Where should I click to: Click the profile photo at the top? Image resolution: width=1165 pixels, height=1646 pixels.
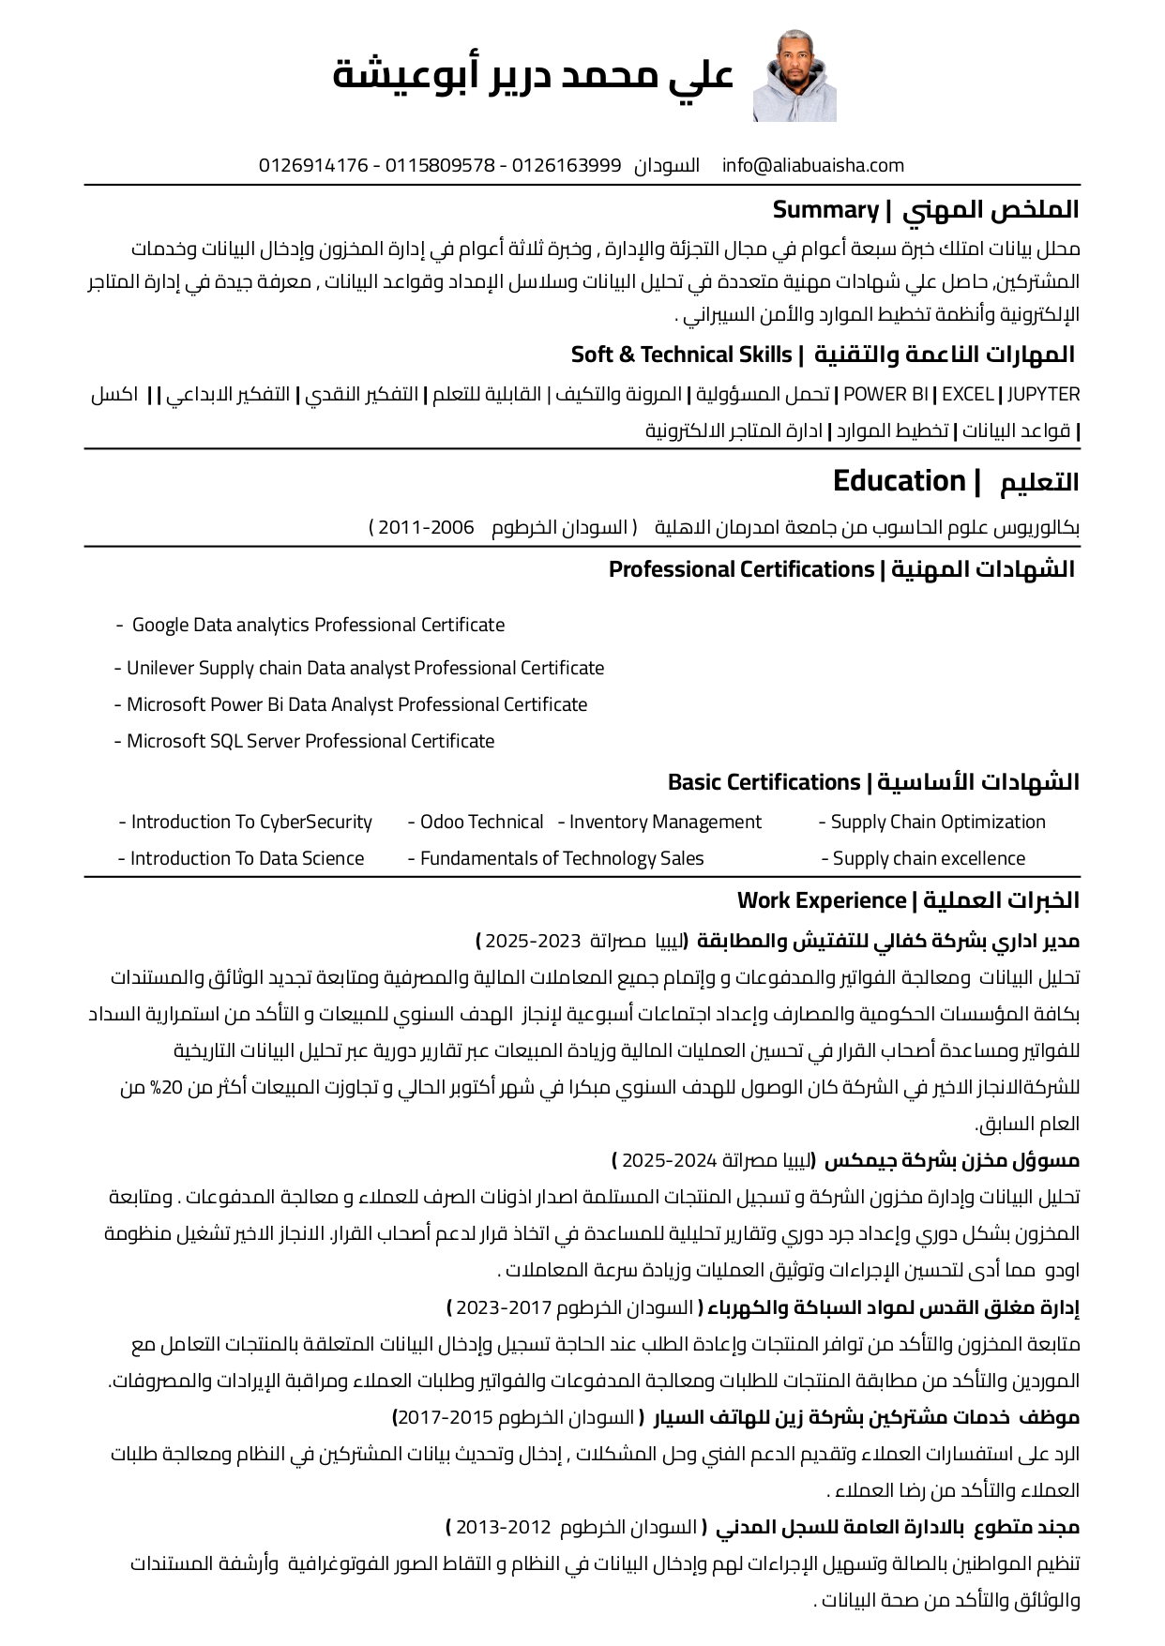tap(794, 76)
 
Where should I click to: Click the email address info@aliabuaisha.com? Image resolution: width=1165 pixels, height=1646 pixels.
tap(812, 166)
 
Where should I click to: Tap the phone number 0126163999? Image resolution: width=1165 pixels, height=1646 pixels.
tap(566, 166)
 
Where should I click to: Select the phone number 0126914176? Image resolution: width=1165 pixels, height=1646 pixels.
tap(313, 166)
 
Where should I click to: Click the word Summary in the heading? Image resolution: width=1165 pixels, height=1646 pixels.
tap(825, 210)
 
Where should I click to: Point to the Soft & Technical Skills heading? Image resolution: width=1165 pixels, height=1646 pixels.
tap(682, 355)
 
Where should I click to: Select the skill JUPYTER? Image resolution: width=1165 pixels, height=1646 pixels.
tap(1043, 395)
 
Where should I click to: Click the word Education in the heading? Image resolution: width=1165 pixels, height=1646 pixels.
tap(899, 481)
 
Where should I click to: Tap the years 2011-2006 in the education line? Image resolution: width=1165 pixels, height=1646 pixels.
tap(426, 527)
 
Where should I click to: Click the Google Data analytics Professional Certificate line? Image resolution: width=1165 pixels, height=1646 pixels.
tap(318, 625)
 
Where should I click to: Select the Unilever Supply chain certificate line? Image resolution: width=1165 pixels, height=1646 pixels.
tap(365, 668)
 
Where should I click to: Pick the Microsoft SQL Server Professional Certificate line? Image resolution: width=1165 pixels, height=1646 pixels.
tap(310, 741)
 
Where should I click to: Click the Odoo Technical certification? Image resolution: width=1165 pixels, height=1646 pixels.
tap(481, 823)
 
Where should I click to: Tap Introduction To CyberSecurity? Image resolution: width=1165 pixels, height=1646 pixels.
tap(251, 823)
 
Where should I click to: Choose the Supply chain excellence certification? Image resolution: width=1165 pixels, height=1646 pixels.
tap(929, 858)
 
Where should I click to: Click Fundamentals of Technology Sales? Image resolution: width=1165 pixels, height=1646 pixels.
tap(561, 858)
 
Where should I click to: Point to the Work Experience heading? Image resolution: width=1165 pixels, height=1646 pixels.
tap(821, 900)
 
